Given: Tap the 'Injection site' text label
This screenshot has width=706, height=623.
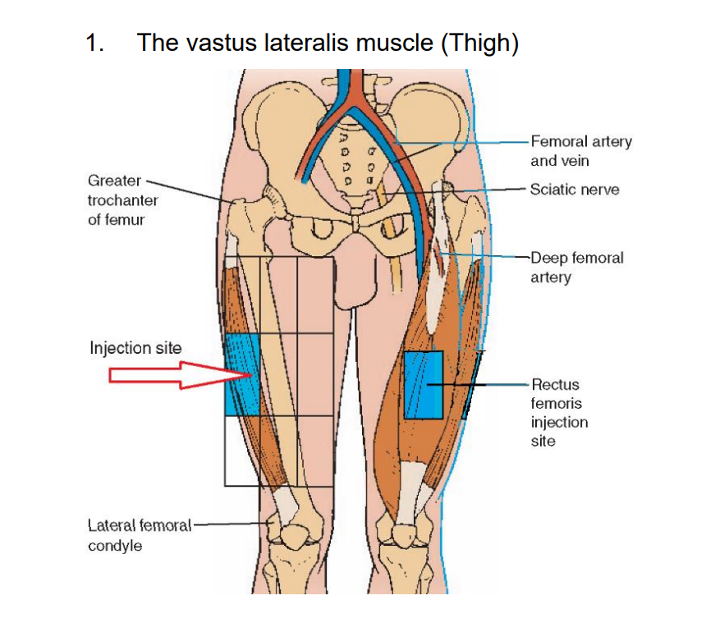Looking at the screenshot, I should pos(135,348).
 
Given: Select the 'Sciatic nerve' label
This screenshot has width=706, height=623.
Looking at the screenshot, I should pos(575,190).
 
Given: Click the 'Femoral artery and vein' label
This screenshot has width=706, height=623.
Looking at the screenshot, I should pos(581,151).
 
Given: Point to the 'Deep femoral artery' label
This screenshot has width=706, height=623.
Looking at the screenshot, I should pos(577,268).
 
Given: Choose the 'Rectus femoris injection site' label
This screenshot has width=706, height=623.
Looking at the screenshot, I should pos(560,412).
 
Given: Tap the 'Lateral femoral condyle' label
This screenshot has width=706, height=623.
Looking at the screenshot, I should pos(139,534).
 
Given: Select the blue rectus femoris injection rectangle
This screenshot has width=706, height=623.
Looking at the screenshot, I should pos(424,385).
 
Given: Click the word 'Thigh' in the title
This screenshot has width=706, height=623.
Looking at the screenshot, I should pos(479,43).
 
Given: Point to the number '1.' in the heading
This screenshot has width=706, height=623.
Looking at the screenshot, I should pos(95,43).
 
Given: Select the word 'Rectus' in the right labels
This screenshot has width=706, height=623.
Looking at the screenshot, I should pos(556,384).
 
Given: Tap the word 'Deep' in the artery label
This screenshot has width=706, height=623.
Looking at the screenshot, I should pos(548,258).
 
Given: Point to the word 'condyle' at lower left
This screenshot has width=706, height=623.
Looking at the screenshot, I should pos(115,545).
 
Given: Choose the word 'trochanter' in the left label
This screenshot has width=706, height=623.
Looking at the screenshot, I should pos(123,199).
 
